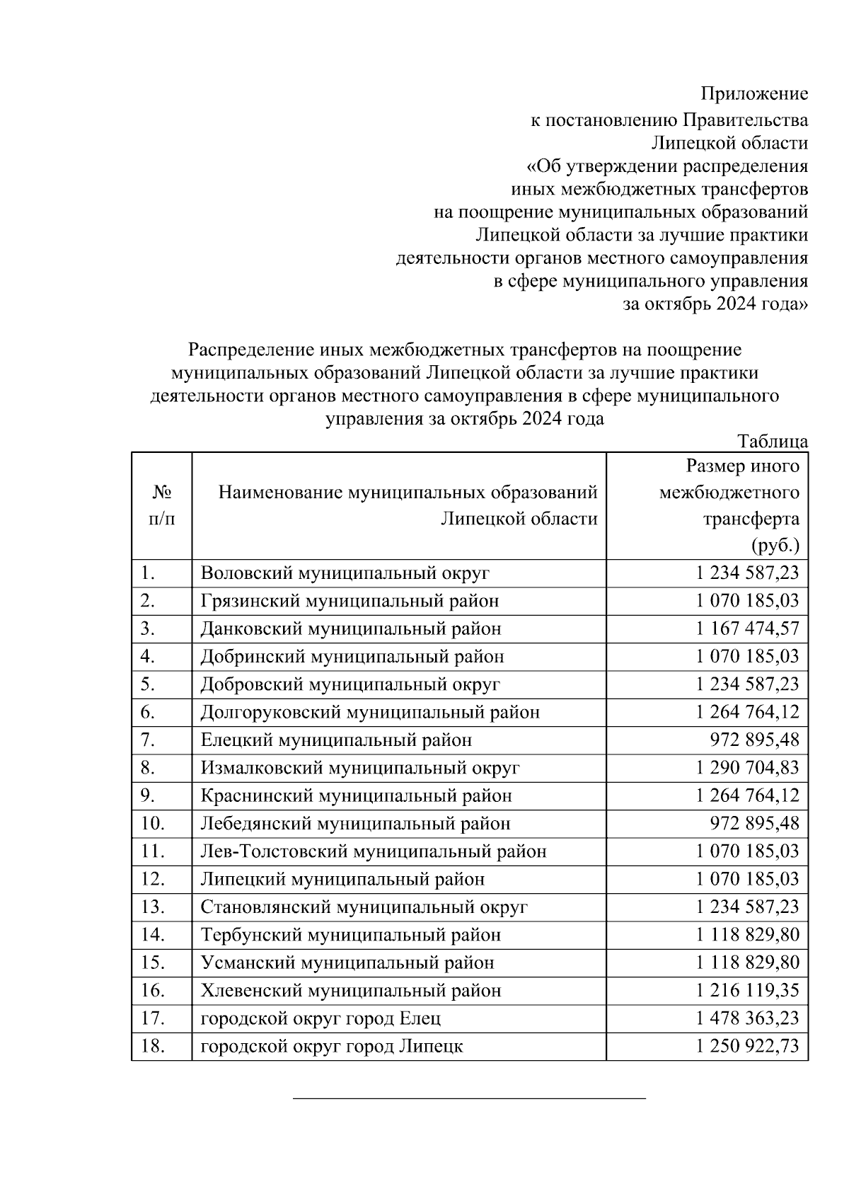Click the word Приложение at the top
coord(753,93)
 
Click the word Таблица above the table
coord(772,442)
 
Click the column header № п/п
coord(162,505)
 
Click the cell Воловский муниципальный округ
coord(345,573)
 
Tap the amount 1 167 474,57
coord(747,628)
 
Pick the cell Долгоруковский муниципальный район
coord(370,712)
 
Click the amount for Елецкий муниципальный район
coord(754,740)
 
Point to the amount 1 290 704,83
coord(747,768)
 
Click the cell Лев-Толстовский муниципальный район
coord(374,851)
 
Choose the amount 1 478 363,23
coord(747,1018)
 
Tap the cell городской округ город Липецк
coord(332,1046)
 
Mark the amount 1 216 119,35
coord(747,990)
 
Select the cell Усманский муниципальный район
coord(347,962)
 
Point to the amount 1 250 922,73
coord(747,1046)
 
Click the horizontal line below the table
coord(469,1098)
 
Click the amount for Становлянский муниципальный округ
coord(747,907)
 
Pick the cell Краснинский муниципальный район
coord(356,795)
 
